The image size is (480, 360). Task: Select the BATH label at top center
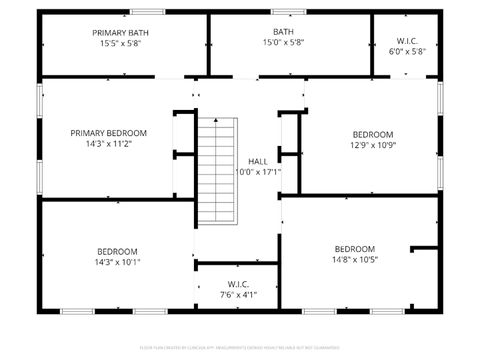pyautogui.click(x=283, y=32)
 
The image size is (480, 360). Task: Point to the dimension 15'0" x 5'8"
pyautogui.click(x=283, y=43)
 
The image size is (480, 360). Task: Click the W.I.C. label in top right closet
pyautogui.click(x=406, y=40)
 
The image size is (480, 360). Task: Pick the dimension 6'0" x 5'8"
pyautogui.click(x=406, y=51)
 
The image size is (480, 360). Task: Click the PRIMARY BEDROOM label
pyautogui.click(x=108, y=133)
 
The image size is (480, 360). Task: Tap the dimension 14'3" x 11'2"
pyautogui.click(x=108, y=144)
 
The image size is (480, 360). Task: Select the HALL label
pyautogui.click(x=258, y=161)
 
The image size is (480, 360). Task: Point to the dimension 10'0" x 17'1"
pyautogui.click(x=258, y=172)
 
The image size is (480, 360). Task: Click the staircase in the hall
pyautogui.click(x=218, y=172)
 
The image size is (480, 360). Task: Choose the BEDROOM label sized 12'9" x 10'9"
pyautogui.click(x=373, y=134)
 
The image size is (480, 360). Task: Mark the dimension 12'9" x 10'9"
pyautogui.click(x=373, y=145)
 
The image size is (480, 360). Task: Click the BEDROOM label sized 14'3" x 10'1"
pyautogui.click(x=117, y=251)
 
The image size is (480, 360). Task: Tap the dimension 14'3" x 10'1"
pyautogui.click(x=117, y=262)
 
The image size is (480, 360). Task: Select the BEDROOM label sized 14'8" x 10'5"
pyautogui.click(x=355, y=249)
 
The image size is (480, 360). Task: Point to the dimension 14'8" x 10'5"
pyautogui.click(x=355, y=260)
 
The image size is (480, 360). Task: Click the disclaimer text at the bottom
pyautogui.click(x=240, y=349)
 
